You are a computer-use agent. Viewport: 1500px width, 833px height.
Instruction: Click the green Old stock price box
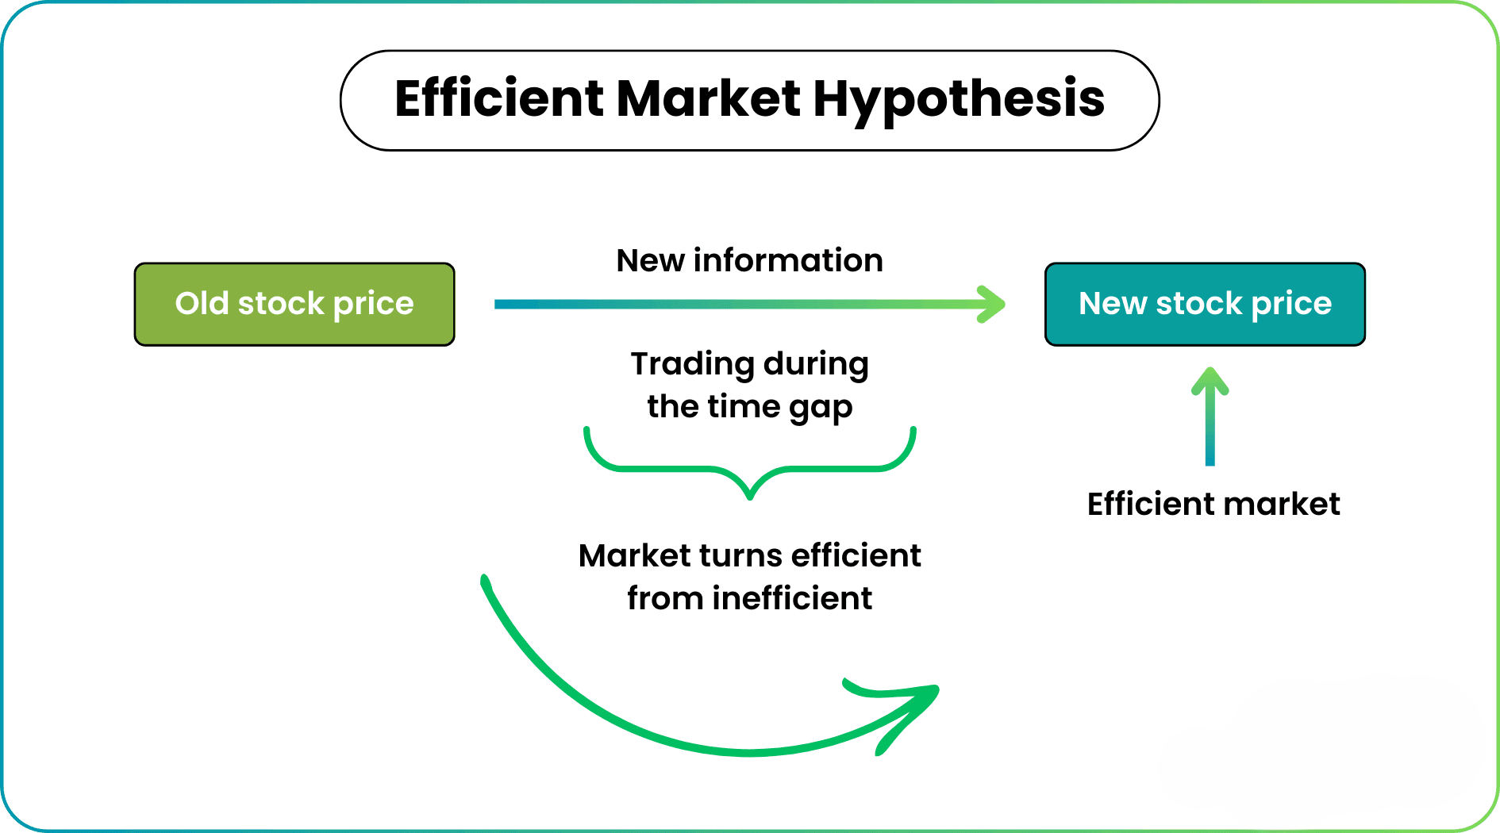coord(294,304)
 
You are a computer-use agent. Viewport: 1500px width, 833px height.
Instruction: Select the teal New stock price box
coord(1205,304)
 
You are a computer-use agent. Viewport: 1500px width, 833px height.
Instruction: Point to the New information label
coord(750,260)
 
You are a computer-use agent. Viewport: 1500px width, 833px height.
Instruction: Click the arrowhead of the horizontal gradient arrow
coord(991,304)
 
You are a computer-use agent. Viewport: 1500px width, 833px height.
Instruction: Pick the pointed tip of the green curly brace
coord(750,497)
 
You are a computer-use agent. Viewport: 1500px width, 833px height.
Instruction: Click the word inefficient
coord(792,598)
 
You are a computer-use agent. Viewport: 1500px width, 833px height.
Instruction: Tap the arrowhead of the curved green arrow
coord(913,710)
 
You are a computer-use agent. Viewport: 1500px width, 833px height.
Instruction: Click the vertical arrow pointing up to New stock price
coord(1210,416)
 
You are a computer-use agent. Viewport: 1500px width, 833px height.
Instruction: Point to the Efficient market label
coord(1213,504)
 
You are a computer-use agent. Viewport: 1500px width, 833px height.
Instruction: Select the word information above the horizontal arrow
coord(788,260)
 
